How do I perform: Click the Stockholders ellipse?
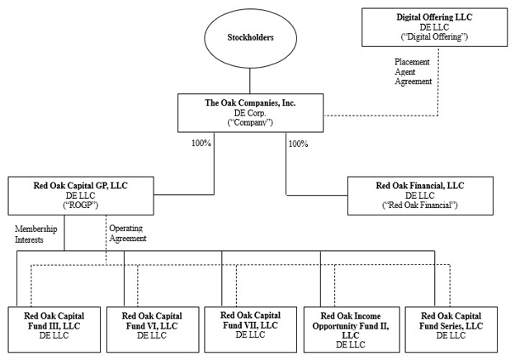coord(250,37)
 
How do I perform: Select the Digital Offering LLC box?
coord(434,27)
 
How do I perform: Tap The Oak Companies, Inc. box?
coord(250,113)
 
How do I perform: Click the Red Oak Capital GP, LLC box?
coord(81,196)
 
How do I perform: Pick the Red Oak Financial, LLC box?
coord(420,196)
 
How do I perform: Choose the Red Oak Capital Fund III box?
coord(54,329)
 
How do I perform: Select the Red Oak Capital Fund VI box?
coord(153,329)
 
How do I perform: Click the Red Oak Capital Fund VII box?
coord(250,329)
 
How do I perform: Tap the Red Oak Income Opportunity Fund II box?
coord(352,329)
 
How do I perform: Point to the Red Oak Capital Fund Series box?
coord(451,329)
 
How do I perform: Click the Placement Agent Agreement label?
coord(413,72)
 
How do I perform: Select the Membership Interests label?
coord(35,234)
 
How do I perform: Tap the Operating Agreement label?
coord(128,233)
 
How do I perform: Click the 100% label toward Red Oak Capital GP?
coord(201,143)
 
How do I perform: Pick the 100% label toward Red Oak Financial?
coord(298,144)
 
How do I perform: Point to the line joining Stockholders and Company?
coord(250,81)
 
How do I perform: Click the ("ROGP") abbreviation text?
coord(81,206)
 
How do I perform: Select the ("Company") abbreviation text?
coord(250,122)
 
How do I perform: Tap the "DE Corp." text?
coord(250,112)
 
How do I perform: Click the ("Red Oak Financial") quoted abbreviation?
coord(420,206)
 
